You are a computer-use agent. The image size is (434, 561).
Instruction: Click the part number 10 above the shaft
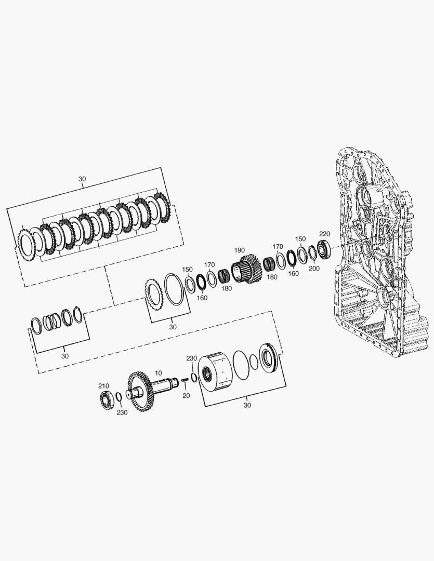tap(159, 372)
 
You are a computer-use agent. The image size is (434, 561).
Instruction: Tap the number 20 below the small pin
tap(186, 396)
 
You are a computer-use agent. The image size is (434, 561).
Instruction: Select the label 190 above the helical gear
tap(239, 250)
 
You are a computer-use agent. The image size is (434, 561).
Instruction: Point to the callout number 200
tap(314, 269)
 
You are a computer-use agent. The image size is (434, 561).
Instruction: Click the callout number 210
tap(104, 386)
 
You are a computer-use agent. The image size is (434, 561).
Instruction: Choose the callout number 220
tap(324, 234)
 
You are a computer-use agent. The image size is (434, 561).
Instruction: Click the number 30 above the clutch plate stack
tap(82, 179)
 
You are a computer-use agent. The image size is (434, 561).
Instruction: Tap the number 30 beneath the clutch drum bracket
tap(247, 405)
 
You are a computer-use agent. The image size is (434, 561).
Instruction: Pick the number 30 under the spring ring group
tap(64, 356)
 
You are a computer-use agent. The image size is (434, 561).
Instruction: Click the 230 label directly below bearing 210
tap(122, 412)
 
